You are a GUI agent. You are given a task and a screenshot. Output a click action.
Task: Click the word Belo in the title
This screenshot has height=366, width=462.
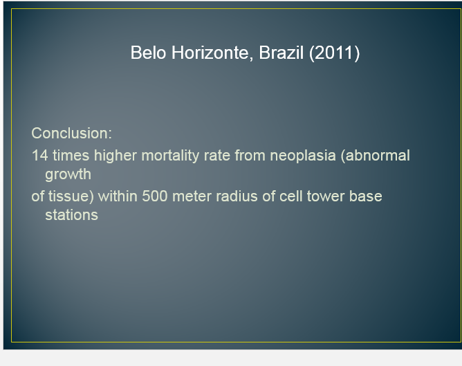click(148, 53)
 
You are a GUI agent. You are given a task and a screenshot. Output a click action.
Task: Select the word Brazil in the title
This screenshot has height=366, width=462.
click(281, 53)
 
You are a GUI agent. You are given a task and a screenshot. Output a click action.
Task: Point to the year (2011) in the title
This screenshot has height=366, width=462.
click(335, 53)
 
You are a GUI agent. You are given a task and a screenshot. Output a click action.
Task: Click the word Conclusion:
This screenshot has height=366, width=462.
click(72, 134)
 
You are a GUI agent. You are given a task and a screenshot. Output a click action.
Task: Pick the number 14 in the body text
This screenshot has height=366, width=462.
click(40, 155)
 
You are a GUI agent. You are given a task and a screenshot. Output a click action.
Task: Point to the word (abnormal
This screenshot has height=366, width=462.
click(375, 156)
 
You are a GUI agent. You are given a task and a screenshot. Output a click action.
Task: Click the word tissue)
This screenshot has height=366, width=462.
click(71, 196)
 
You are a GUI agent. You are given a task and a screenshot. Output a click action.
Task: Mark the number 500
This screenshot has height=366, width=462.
click(155, 196)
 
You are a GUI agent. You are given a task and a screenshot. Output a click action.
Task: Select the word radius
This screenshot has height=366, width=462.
click(237, 196)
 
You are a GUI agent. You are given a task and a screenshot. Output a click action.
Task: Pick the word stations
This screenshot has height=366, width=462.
click(72, 215)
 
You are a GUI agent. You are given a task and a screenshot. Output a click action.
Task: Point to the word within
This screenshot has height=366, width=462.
click(118, 196)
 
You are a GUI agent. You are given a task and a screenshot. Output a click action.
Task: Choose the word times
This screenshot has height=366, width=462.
click(71, 155)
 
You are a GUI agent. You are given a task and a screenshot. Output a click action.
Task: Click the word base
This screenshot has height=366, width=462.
click(366, 196)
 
